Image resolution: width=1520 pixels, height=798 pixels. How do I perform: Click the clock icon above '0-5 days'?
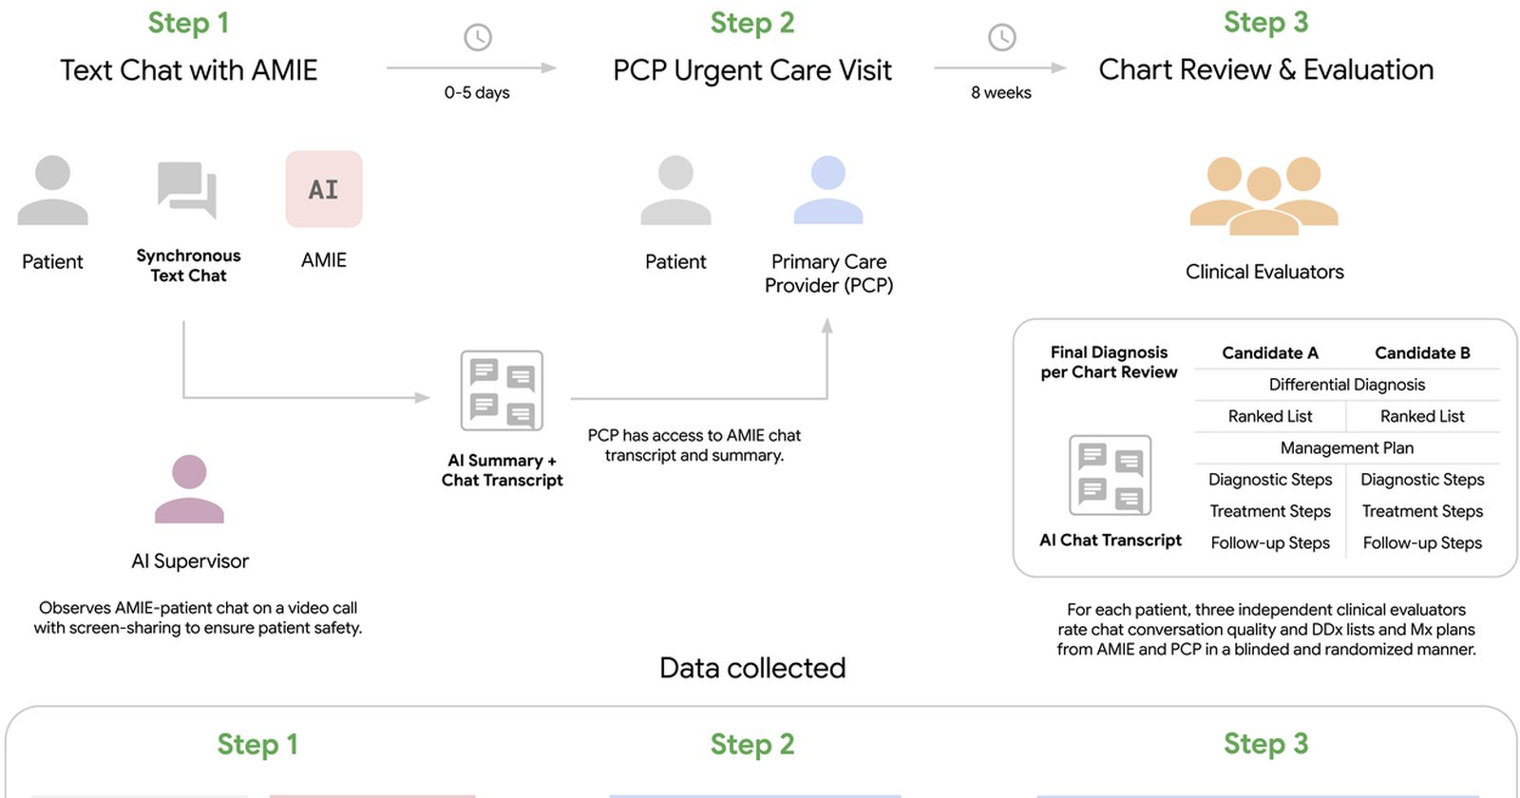[478, 37]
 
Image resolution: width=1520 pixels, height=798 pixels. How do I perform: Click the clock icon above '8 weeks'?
[1001, 37]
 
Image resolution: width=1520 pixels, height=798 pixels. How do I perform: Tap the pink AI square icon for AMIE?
[324, 189]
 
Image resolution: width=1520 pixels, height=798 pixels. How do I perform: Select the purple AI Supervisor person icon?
[189, 488]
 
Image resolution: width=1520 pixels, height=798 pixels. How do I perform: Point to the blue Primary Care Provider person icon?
[827, 190]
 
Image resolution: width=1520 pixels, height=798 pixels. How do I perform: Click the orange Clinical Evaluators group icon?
[1264, 196]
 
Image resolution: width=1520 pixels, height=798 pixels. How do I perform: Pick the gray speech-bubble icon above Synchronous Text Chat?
[187, 190]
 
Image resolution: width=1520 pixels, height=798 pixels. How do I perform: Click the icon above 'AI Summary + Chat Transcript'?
[502, 390]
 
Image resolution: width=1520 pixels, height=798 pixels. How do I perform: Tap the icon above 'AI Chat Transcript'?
[1111, 475]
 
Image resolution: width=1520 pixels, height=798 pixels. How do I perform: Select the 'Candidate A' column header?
[1269, 352]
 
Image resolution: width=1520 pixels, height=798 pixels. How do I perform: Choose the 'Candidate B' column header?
[1422, 352]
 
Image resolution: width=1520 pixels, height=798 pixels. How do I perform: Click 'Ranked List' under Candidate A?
[1269, 416]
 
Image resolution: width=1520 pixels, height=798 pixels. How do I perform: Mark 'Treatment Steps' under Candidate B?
[1422, 511]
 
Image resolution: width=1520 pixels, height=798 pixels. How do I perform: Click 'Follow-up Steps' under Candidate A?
[1269, 542]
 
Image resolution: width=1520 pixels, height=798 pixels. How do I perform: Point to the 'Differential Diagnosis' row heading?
[1346, 385]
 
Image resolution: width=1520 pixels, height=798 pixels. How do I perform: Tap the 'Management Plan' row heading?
[1346, 447]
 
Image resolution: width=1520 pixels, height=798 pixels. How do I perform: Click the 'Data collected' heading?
[752, 669]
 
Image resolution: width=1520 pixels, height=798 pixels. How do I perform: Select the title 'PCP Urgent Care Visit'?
[751, 70]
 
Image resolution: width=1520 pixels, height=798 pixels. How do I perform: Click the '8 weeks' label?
[1001, 92]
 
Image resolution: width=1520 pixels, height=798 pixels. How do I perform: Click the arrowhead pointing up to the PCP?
[826, 325]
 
